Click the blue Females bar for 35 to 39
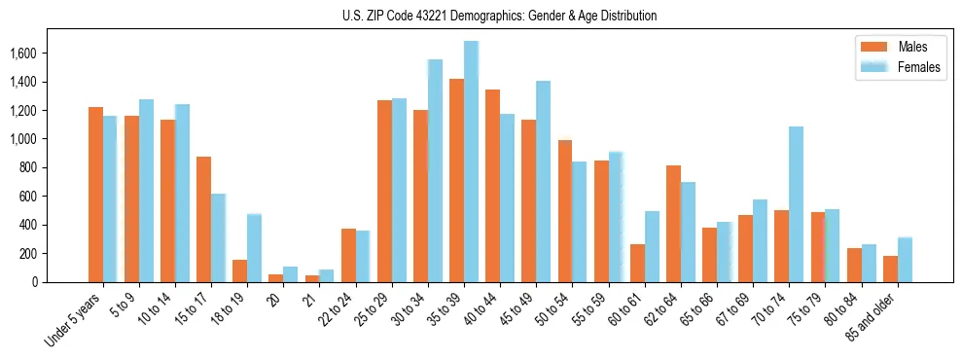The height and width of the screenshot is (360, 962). [x=471, y=162]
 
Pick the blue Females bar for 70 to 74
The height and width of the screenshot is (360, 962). [x=796, y=204]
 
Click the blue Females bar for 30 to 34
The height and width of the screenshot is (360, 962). [x=435, y=171]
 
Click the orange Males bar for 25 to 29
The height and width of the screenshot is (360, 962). [x=384, y=191]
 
